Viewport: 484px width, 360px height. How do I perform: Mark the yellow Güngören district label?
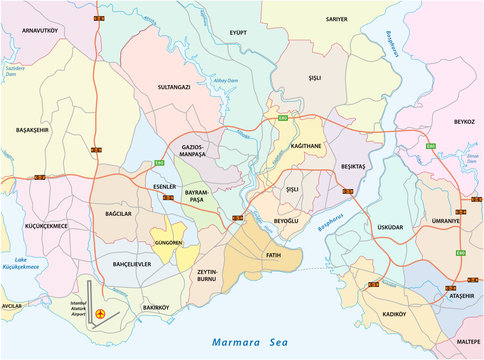coord(166,243)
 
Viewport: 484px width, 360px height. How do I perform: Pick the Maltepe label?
coord(468,343)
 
